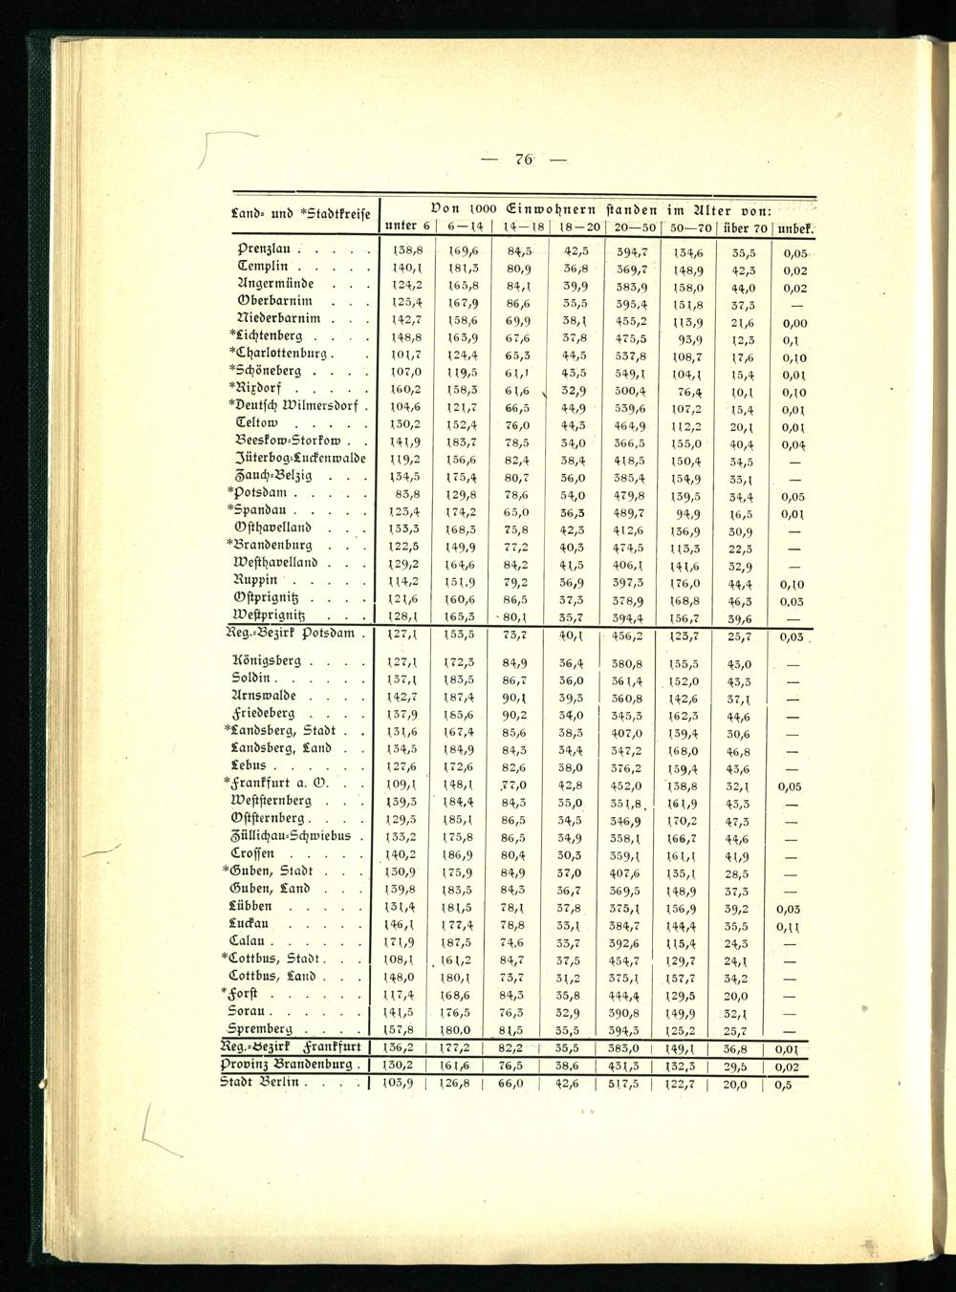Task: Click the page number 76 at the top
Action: (523, 160)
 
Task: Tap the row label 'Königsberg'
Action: (268, 660)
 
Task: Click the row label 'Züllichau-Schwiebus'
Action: (293, 835)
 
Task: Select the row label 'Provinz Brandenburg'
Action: (291, 1065)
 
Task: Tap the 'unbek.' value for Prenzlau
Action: (793, 253)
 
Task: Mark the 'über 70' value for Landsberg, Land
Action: (737, 750)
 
